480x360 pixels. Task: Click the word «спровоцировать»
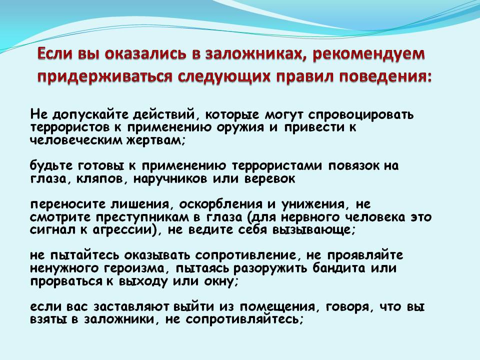[x=361, y=115]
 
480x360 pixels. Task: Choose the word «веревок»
[x=269, y=179]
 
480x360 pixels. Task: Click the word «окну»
[x=220, y=281]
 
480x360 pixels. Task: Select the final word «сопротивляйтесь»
[x=244, y=319]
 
